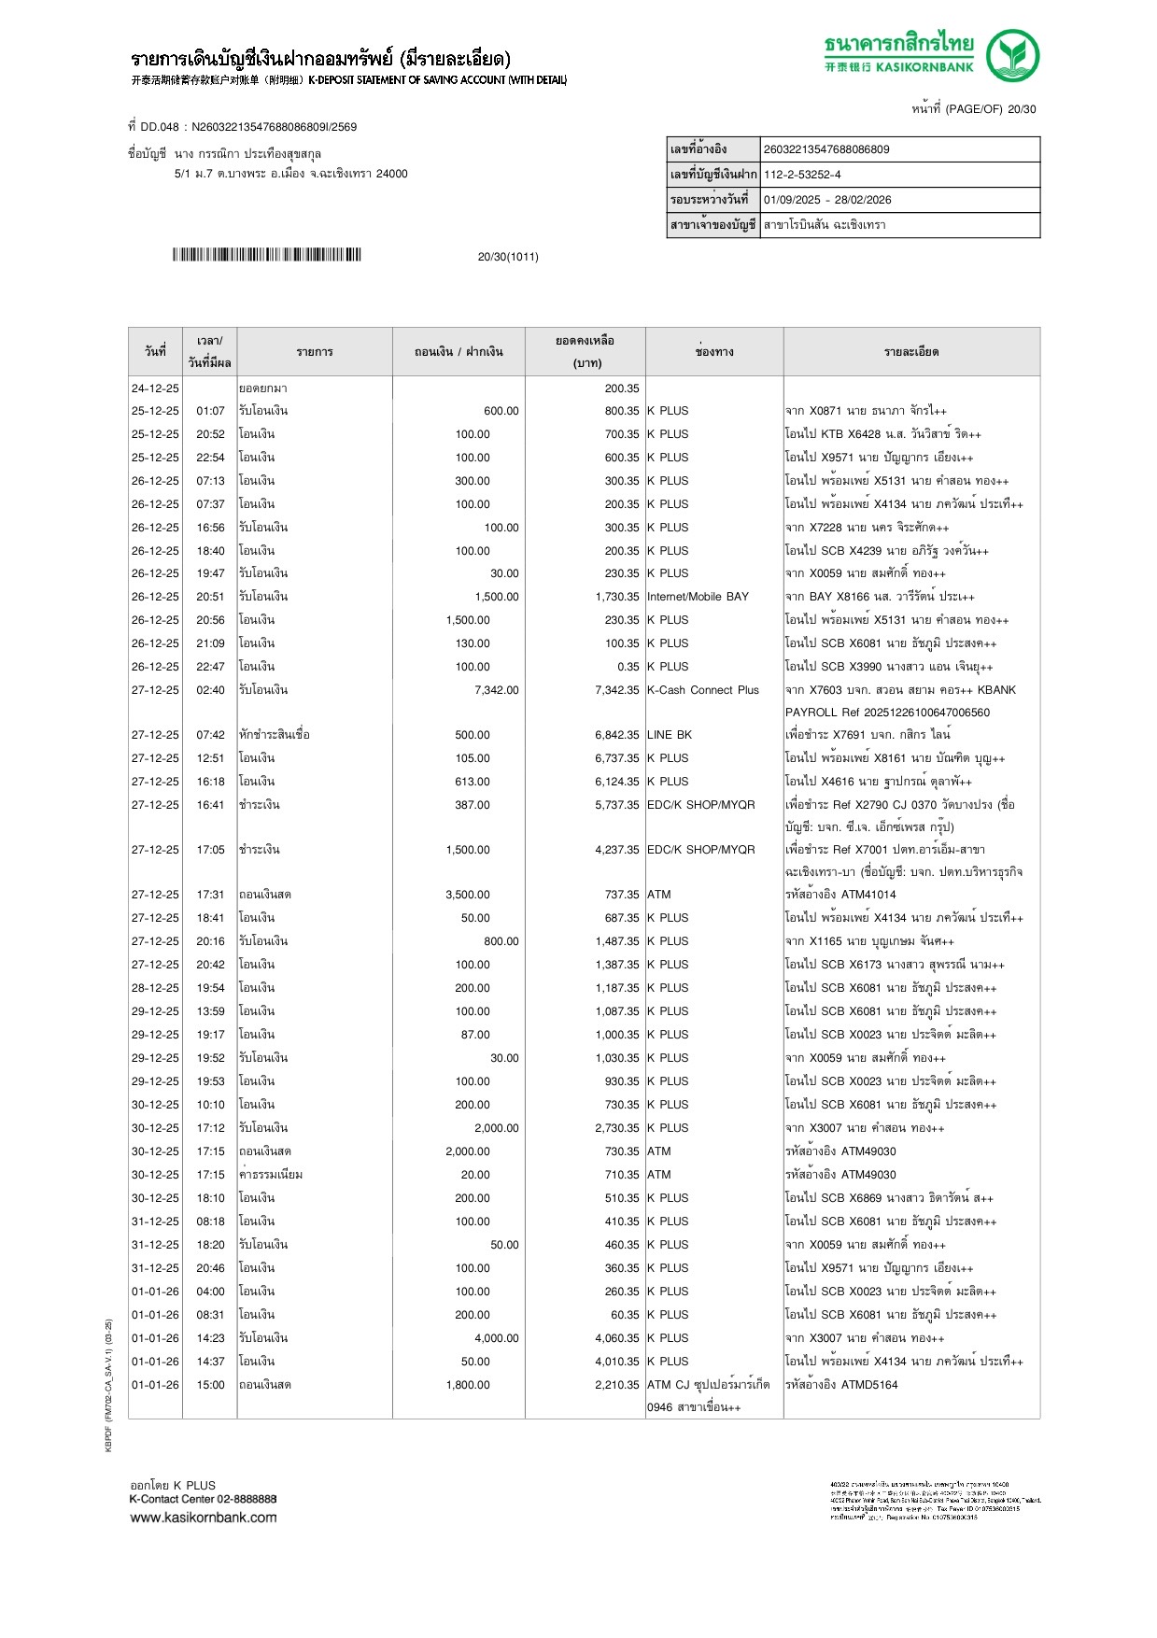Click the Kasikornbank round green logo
tap(1012, 56)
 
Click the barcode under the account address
tap(266, 255)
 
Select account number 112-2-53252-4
tap(802, 175)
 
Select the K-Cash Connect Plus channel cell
tap(703, 690)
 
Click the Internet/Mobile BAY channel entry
tap(698, 597)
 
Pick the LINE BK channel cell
tap(670, 735)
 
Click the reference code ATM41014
tap(868, 895)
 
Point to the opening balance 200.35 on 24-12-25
tap(621, 388)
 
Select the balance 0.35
tap(628, 667)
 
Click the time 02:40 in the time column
tap(210, 690)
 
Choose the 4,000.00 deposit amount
tap(496, 1338)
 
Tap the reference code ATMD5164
tap(869, 1385)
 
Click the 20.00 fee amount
tap(474, 1175)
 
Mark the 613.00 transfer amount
tap(472, 782)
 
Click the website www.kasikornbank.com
tap(204, 1518)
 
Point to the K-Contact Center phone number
tap(247, 1499)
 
